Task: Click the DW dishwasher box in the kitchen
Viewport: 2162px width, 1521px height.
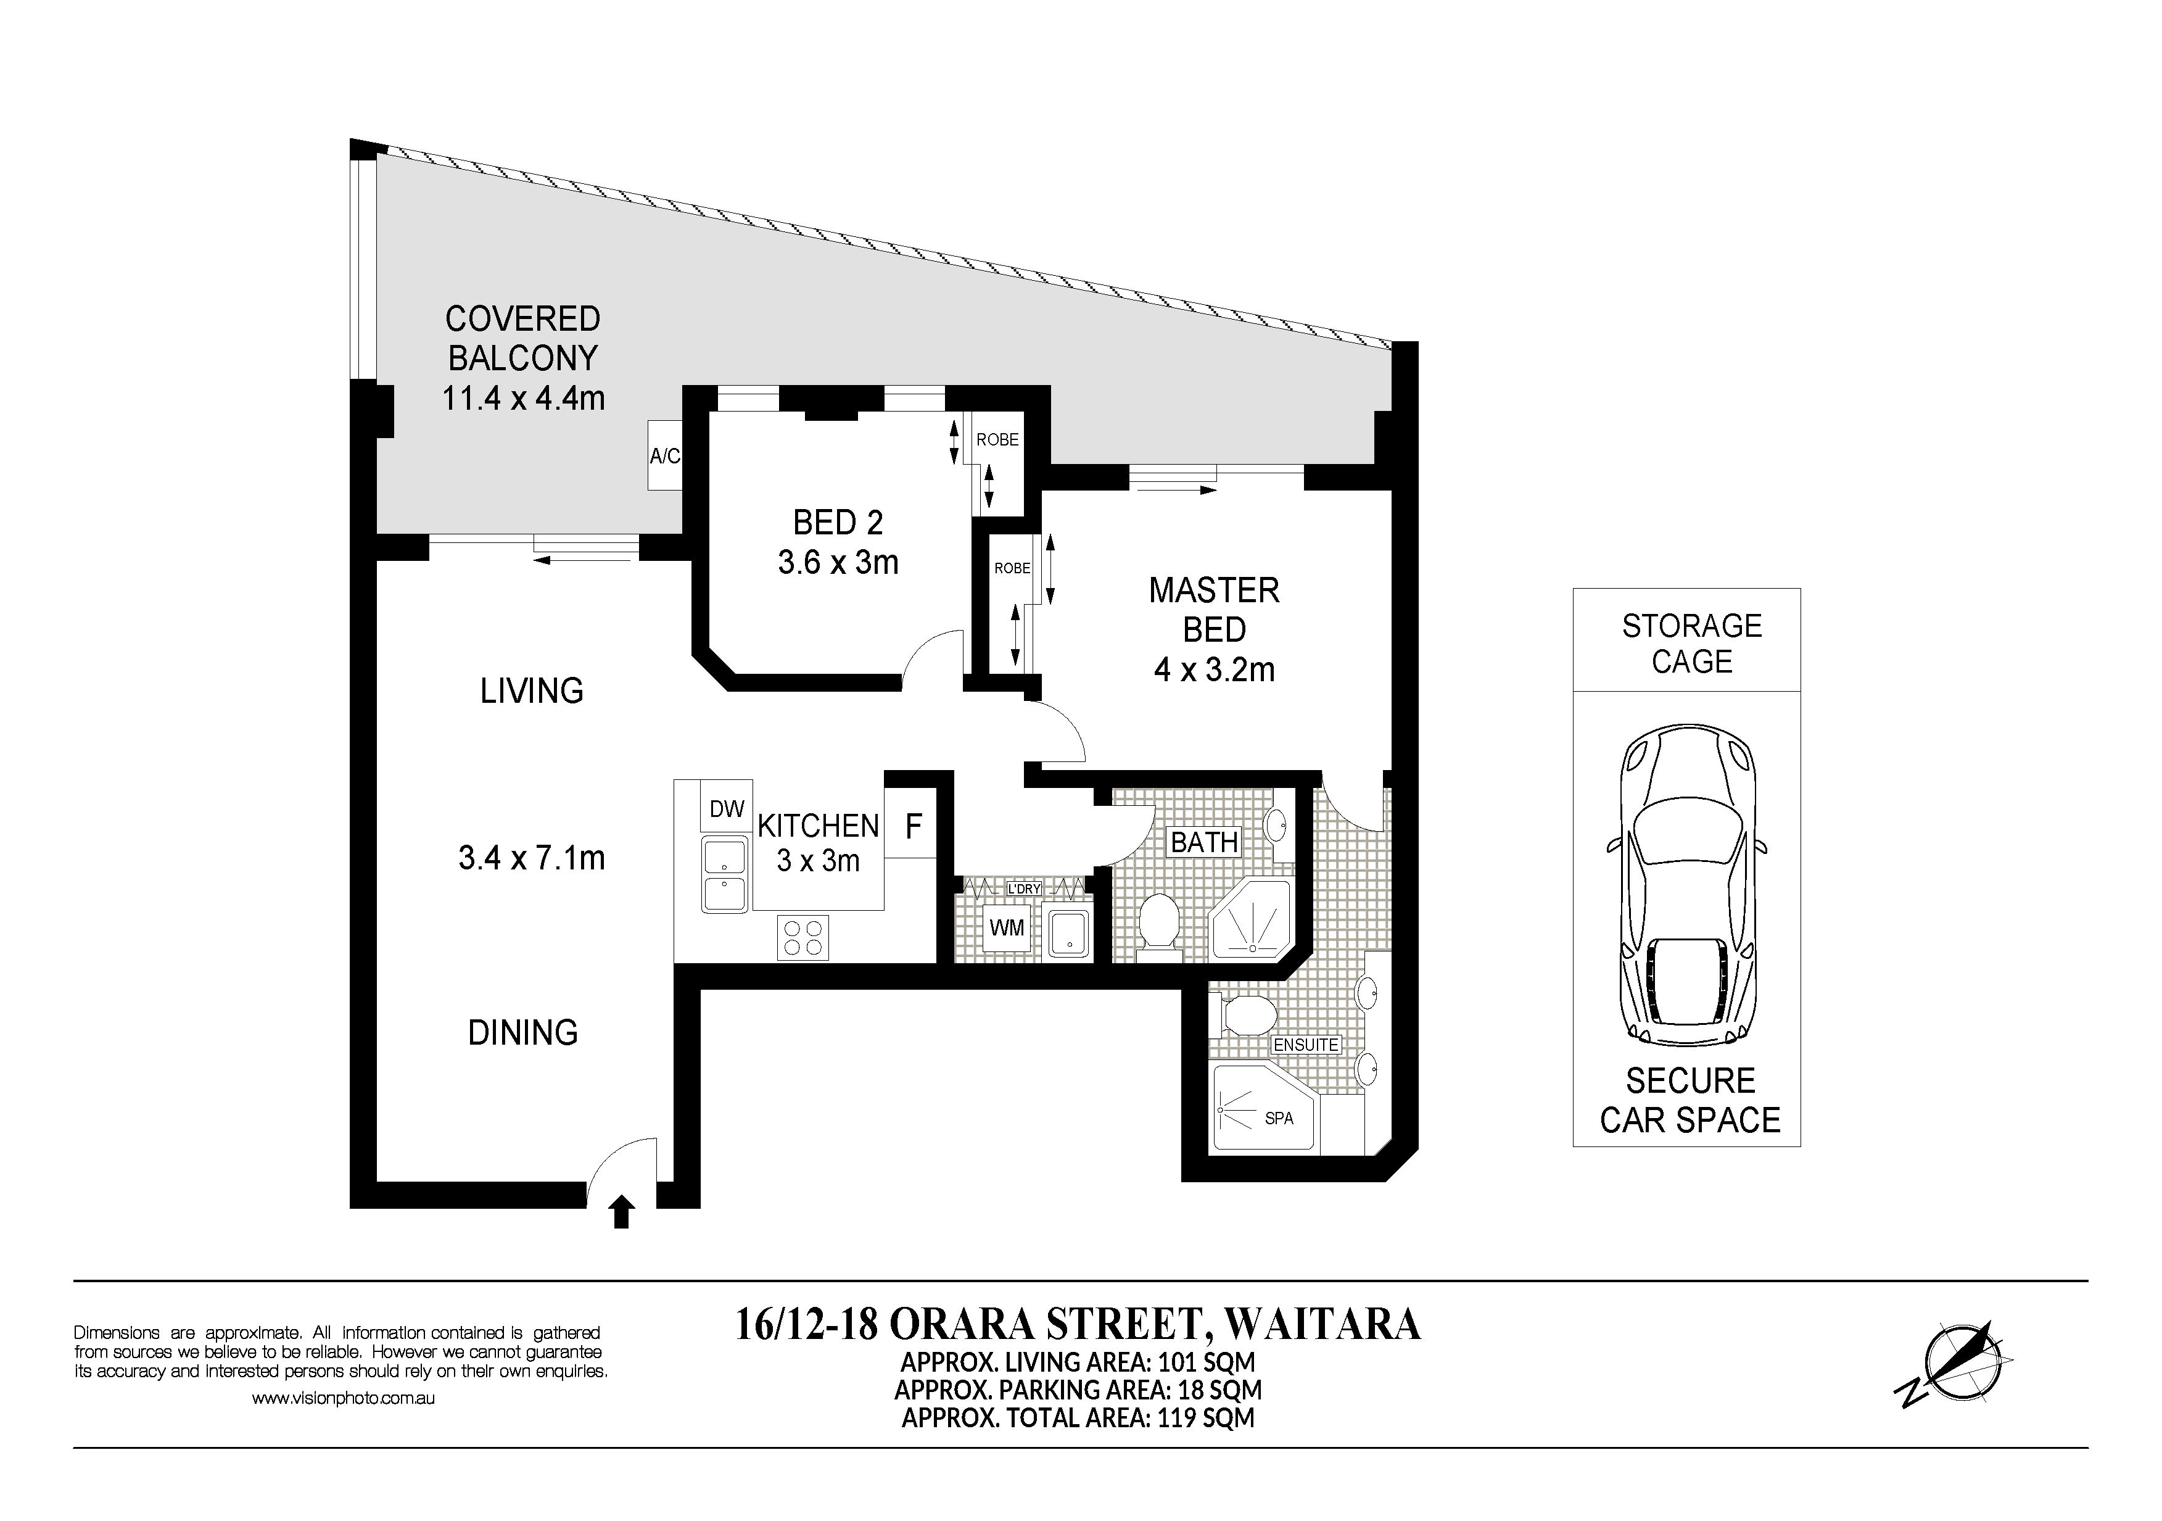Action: (x=726, y=807)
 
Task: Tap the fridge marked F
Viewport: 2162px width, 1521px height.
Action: (x=912, y=826)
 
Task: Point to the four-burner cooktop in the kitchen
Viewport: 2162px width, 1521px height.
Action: (x=803, y=937)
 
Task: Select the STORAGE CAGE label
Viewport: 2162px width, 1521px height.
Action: (x=1691, y=643)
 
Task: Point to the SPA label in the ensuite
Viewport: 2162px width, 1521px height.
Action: (x=1279, y=1118)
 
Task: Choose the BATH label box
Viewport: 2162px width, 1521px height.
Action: (x=1204, y=841)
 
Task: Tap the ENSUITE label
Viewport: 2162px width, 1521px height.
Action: (x=1305, y=1045)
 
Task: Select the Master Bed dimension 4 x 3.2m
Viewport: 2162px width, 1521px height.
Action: (x=1214, y=669)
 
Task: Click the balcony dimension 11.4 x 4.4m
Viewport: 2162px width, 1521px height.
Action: (x=524, y=399)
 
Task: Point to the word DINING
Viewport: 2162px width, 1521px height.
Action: (x=522, y=1032)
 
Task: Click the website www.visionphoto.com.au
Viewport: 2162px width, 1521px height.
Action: (x=343, y=1399)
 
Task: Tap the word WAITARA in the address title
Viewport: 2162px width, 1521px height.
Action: (x=1321, y=1323)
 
